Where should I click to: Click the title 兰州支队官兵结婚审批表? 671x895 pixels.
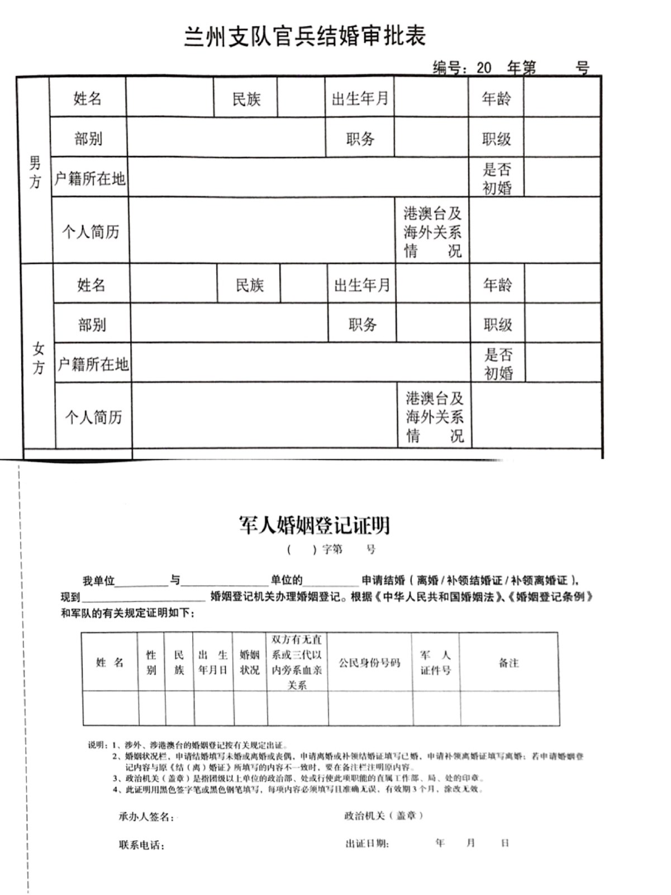coord(305,36)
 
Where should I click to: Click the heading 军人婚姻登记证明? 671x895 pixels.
coord(314,525)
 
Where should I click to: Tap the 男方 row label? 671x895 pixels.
coord(35,172)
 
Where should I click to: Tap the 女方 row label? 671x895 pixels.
coord(38,358)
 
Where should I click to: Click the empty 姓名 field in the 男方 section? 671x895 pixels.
coord(170,98)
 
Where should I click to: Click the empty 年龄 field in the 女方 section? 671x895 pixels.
coord(563,285)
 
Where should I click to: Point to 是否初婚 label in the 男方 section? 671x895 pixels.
coord(497,178)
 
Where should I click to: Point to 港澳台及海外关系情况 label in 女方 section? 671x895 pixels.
coord(434,417)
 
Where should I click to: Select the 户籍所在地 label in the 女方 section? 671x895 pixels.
coord(93,364)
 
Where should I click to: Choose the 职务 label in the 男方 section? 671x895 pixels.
coord(360,138)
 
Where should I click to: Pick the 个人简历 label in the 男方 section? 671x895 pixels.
coord(90,232)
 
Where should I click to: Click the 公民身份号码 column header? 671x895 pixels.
coord(369,663)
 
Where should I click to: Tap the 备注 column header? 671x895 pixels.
coord(508,663)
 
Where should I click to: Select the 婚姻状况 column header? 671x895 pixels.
coord(250,662)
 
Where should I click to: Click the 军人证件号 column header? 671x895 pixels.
coord(435,662)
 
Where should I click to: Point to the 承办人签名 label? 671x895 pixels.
coord(146,817)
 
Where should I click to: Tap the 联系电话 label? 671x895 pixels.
coord(141,845)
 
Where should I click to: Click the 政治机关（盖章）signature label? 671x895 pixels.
coord(383,816)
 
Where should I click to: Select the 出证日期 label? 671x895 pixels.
coord(367,844)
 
